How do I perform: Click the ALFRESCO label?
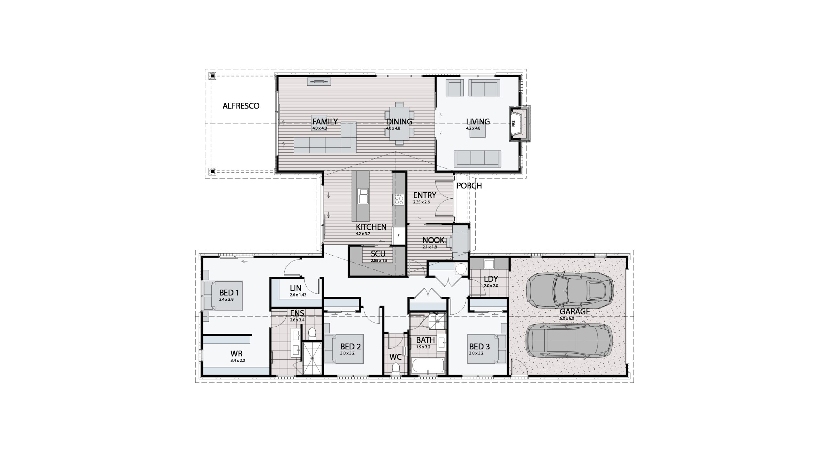[241, 106]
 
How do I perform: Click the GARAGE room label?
[574, 312]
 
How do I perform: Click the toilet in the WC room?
[395, 369]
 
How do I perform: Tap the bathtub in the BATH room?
[427, 366]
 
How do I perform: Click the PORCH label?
[469, 186]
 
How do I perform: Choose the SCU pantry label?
[378, 253]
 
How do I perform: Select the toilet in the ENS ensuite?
[312, 333]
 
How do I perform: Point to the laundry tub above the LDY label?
[489, 264]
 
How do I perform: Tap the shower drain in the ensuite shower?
[312, 358]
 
